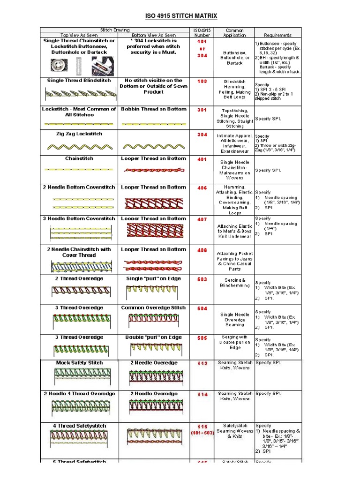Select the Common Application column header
[x=234, y=32]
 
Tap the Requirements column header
[x=277, y=35]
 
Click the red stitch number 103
[x=202, y=81]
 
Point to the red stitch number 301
[x=202, y=110]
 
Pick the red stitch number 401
[x=202, y=159]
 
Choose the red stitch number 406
[x=202, y=187]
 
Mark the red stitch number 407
[x=202, y=219]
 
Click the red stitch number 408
[x=202, y=250]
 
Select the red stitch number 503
[x=202, y=279]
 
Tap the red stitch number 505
[x=202, y=338]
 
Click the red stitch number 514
[x=202, y=395]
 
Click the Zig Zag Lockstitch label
[x=79, y=134]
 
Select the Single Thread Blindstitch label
[x=79, y=81]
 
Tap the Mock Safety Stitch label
[x=79, y=363]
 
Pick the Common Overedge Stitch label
[x=153, y=308]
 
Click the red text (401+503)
[x=202, y=433]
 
